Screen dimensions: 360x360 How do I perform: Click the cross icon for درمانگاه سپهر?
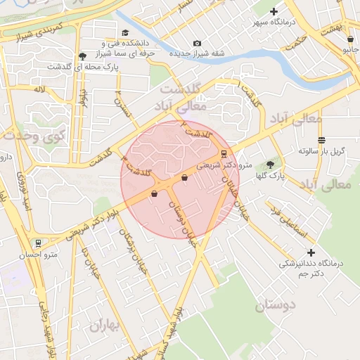[x=274, y=11]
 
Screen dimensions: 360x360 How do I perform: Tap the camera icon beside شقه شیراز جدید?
[x=196, y=44]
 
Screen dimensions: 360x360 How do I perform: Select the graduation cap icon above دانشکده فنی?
[x=125, y=32]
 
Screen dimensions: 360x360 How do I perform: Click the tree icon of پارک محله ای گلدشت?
[x=83, y=56]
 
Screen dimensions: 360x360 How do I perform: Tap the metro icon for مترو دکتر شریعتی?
[x=224, y=154]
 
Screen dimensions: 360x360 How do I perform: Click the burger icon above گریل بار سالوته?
[x=321, y=140]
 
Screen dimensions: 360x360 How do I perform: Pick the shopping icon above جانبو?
[x=349, y=40]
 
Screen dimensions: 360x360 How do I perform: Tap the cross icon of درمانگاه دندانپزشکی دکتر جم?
[x=311, y=252]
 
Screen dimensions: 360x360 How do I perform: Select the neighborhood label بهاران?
[x=105, y=326]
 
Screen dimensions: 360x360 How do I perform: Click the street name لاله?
[x=39, y=91]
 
